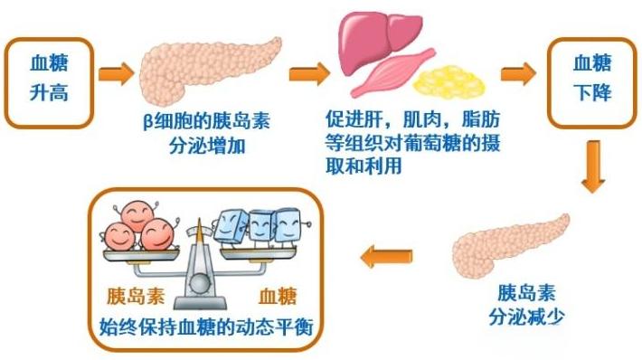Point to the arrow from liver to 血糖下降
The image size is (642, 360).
click(x=517, y=74)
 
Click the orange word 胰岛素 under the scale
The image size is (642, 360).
click(x=136, y=297)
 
